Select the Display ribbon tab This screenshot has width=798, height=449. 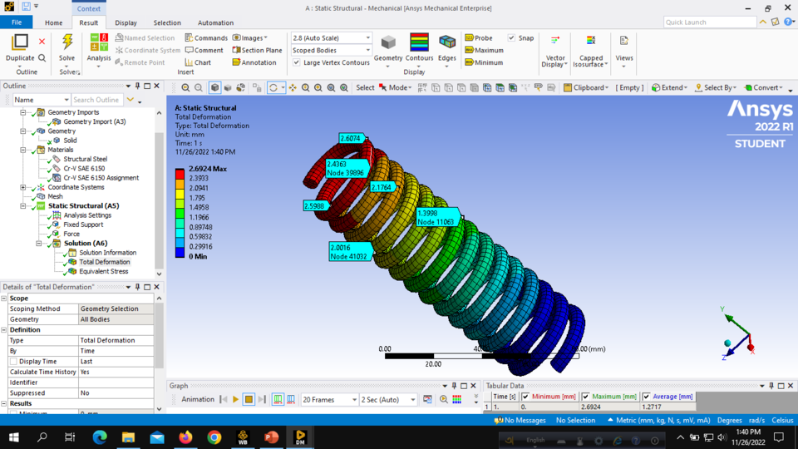pyautogui.click(x=126, y=22)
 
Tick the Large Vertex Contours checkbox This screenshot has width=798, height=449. pyautogui.click(x=297, y=62)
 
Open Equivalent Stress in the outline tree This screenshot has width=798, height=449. pyautogui.click(x=103, y=271)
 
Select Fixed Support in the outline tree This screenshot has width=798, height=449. pyautogui.click(x=83, y=224)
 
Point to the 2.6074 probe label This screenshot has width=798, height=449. pyautogui.click(x=350, y=138)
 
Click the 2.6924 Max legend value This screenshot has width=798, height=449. pyautogui.click(x=208, y=169)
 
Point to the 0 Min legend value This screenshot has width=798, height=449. pyautogui.click(x=198, y=257)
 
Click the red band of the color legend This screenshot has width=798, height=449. pyautogui.click(x=180, y=174)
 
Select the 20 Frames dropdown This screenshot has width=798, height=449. pyautogui.click(x=329, y=400)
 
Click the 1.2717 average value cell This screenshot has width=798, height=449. pyautogui.click(x=656, y=407)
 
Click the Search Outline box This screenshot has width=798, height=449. pyautogui.click(x=96, y=100)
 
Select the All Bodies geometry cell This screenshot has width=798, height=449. pyautogui.click(x=116, y=319)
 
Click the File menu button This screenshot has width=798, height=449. pyautogui.click(x=17, y=22)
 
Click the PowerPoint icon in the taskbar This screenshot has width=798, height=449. pyautogui.click(x=271, y=437)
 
